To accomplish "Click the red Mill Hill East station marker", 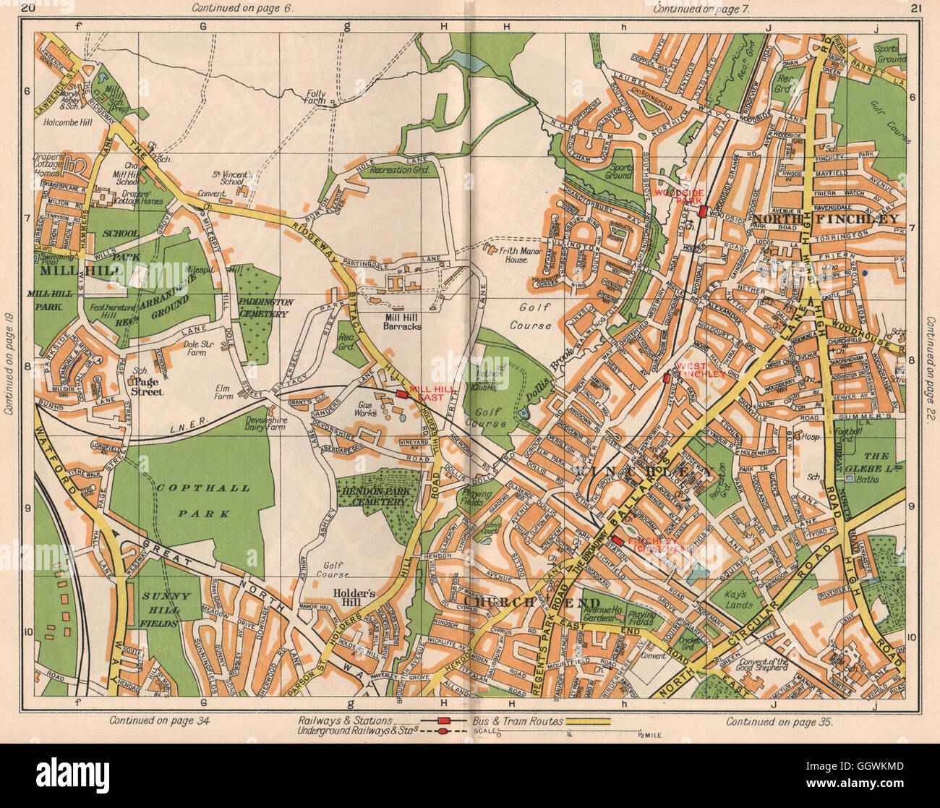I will (x=402, y=394).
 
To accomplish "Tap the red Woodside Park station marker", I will (x=702, y=211).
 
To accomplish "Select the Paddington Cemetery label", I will (x=260, y=307).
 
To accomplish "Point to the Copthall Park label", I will (x=200, y=501).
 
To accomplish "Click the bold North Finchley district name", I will (x=826, y=218).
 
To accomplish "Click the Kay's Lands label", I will (x=739, y=600).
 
